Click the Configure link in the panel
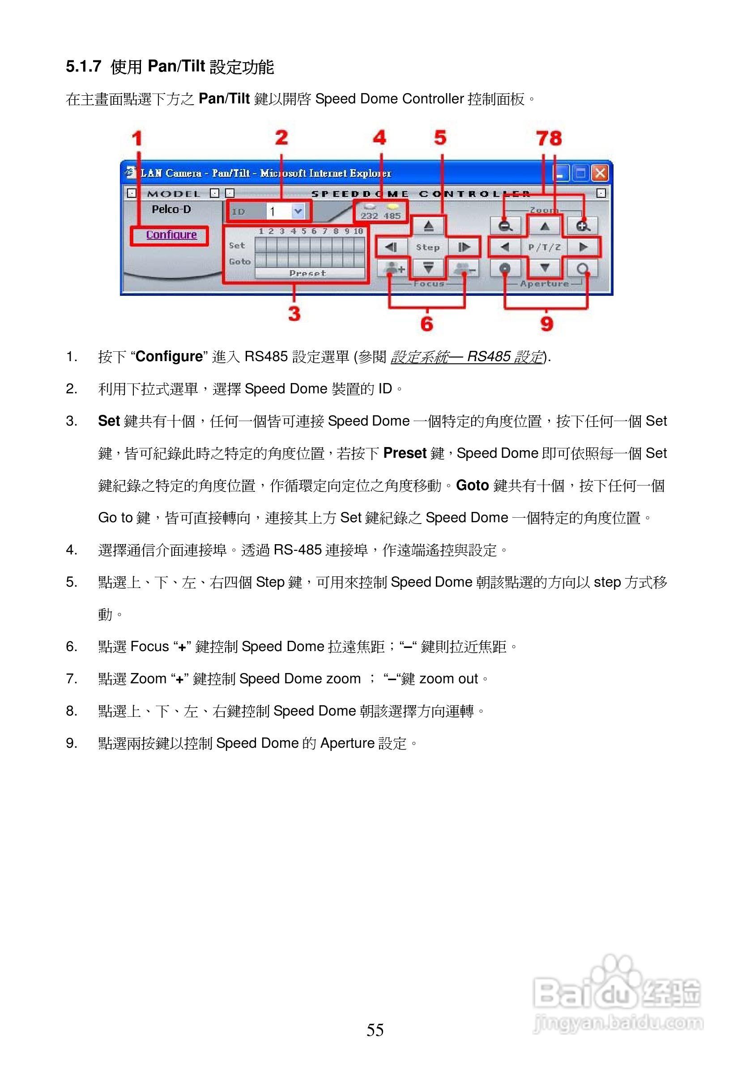click(x=171, y=235)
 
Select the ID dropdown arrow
click(x=298, y=212)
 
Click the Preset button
click(x=308, y=273)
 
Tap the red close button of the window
click(x=600, y=173)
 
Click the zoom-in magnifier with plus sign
click(x=583, y=226)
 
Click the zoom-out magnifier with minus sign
click(x=505, y=226)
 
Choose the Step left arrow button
click(x=391, y=247)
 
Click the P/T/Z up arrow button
click(x=545, y=226)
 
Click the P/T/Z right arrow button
click(x=584, y=247)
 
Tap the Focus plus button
click(x=393, y=268)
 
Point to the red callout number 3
click(x=294, y=314)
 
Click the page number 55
click(x=375, y=1030)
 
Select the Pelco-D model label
click(x=171, y=210)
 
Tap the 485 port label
click(x=392, y=216)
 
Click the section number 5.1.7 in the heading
click(x=84, y=66)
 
